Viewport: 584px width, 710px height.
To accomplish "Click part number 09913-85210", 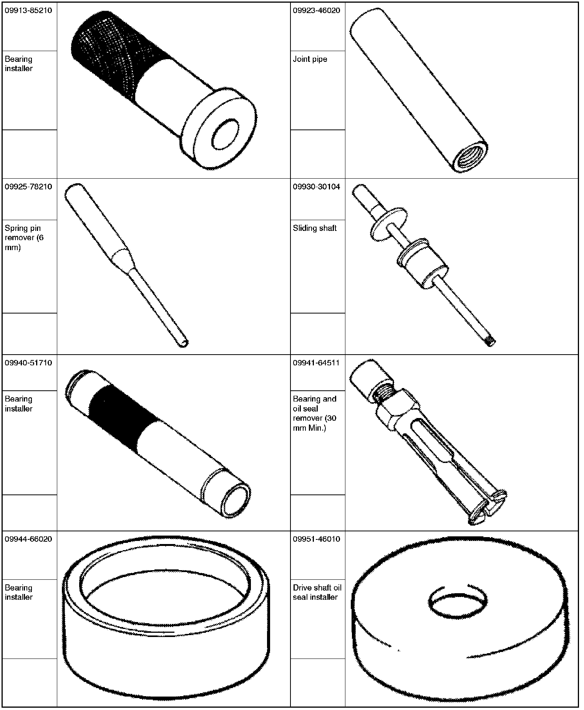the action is [x=28, y=10].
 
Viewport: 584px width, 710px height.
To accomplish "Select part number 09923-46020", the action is [x=316, y=10].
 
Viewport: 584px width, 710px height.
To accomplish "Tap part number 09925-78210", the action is [x=28, y=187].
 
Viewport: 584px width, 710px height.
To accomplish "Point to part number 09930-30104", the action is [x=316, y=187].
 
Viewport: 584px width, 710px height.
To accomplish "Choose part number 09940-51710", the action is [x=28, y=363].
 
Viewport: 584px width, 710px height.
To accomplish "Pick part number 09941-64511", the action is [x=316, y=363].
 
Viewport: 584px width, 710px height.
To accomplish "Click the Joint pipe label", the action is [x=310, y=59].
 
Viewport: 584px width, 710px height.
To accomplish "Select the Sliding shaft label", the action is [x=315, y=228].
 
